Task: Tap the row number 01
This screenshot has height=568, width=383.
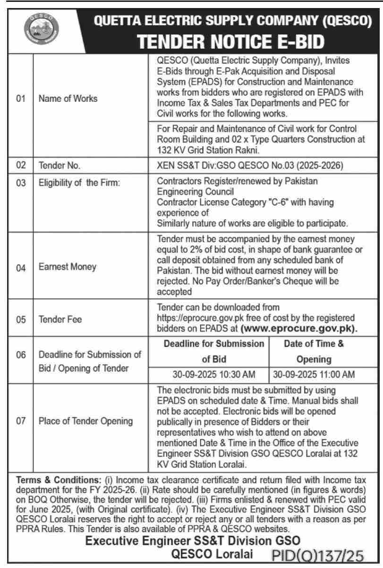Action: (20, 99)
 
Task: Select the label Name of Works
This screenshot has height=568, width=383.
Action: (68, 99)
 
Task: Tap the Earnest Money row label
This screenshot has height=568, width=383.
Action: (68, 267)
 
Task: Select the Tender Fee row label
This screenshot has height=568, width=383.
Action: (60, 320)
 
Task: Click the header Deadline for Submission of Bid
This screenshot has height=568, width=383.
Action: (213, 351)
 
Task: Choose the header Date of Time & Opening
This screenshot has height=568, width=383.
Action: (314, 351)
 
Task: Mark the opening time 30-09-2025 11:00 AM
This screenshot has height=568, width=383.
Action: (314, 375)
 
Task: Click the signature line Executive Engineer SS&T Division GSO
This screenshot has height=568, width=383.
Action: (192, 540)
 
